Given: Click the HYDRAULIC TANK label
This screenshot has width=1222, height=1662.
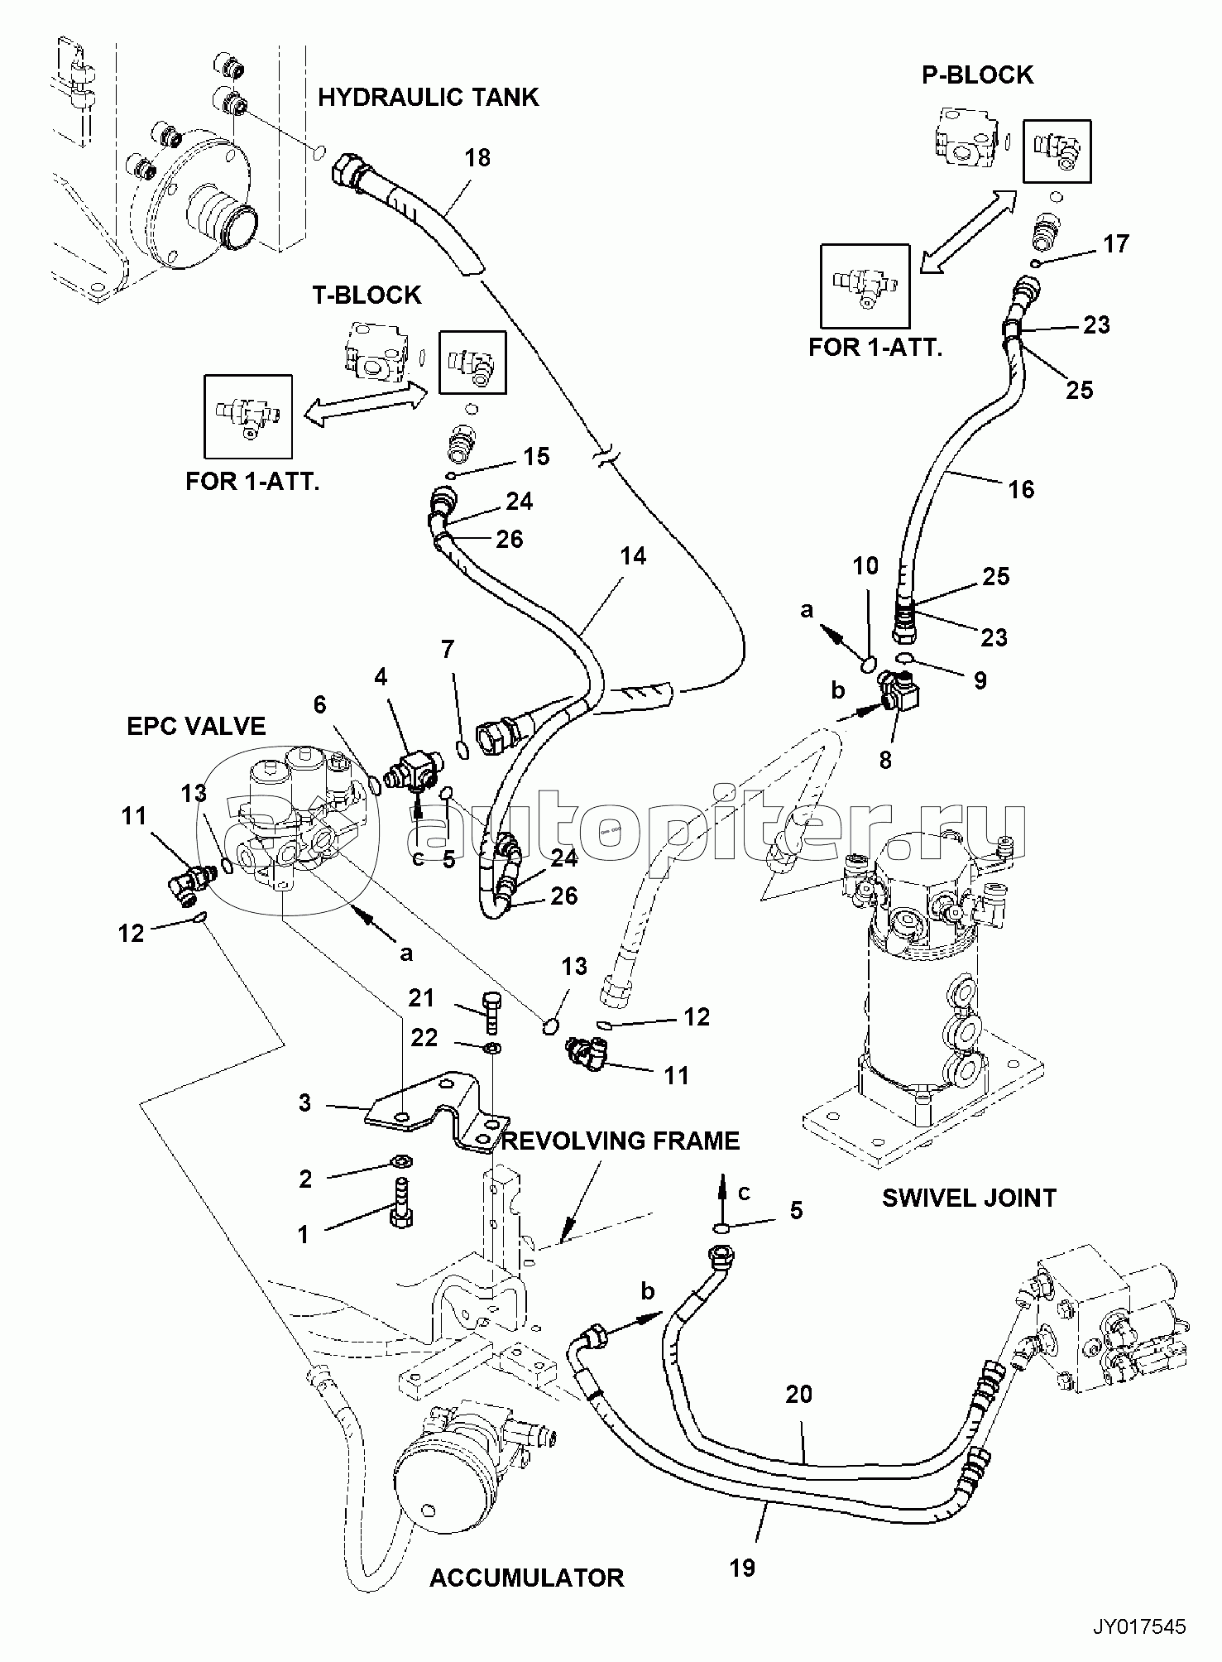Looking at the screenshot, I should [x=428, y=98].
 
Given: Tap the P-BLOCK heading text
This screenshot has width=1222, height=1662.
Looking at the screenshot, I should [x=977, y=74].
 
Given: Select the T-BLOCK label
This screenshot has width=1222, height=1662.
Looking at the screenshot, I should [x=367, y=295].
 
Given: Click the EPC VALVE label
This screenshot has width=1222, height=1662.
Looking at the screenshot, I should [x=196, y=726].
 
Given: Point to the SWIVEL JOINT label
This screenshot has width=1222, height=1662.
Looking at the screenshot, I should [x=969, y=1197].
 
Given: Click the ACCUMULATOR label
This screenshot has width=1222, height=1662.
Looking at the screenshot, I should [x=526, y=1600].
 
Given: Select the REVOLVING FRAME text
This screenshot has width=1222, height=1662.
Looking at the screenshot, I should [x=621, y=1141].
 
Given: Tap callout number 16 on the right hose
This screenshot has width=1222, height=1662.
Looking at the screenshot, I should [x=1021, y=489].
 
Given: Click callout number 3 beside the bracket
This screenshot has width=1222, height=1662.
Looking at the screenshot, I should [x=304, y=1103].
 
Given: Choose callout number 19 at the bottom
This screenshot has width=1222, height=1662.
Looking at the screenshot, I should [x=743, y=1567].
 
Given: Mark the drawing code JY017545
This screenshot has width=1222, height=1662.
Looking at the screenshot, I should [x=1139, y=1626].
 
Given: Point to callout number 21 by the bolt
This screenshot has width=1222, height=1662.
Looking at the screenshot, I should [x=421, y=998].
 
